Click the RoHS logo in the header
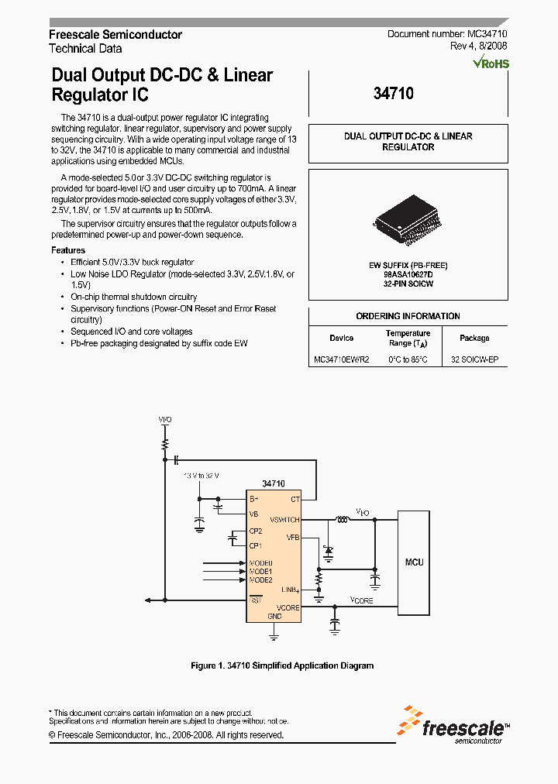[x=491, y=63]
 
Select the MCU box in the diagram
[x=415, y=562]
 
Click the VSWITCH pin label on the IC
[x=284, y=519]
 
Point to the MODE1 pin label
[x=261, y=571]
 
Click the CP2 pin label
[x=256, y=531]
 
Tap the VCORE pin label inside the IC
[x=288, y=608]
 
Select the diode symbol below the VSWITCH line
[x=328, y=552]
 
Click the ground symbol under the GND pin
[x=274, y=635]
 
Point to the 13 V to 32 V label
[x=201, y=476]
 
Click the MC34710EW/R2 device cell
[x=342, y=360]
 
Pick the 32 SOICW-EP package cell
[x=474, y=360]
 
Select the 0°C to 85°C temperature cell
[x=408, y=360]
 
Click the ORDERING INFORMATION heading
[x=408, y=316]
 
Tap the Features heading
[x=68, y=250]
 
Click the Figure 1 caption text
[x=282, y=665]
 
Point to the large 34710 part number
[x=393, y=94]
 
